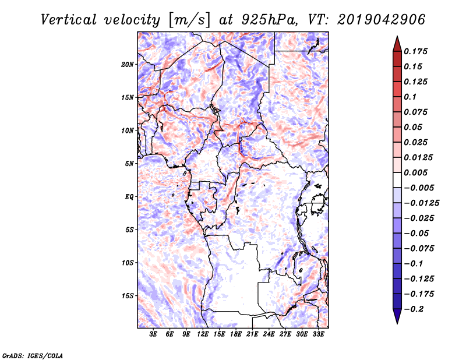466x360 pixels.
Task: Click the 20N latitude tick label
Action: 128,65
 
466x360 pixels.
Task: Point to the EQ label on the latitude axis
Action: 129,197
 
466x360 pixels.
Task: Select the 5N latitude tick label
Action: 129,164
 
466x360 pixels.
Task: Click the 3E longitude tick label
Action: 153,334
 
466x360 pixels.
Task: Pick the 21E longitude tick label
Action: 252,334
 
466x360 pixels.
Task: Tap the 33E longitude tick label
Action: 318,334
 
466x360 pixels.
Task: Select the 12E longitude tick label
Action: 202,334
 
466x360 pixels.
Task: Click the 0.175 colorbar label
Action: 415,51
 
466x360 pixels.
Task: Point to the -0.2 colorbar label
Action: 414,309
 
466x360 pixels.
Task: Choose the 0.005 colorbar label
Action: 415,172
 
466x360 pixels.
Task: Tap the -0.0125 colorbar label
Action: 421,203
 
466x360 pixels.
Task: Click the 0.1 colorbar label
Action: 410,97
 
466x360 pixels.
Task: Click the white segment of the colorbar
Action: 397,180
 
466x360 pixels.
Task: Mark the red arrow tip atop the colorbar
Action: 397,36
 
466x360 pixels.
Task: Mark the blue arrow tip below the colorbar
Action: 397,324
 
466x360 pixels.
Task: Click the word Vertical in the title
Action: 69,20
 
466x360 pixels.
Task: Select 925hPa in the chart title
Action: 269,20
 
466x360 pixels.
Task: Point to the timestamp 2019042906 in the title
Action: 381,20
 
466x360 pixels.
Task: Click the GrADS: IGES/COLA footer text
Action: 33,355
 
